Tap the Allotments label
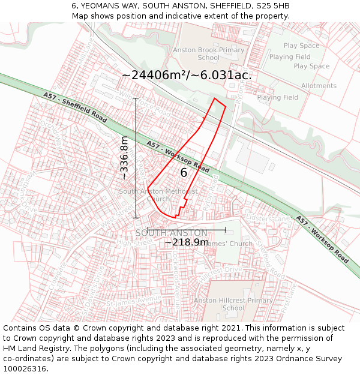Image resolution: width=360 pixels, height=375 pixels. [x=319, y=86]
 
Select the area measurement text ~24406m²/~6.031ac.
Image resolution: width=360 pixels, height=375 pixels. [x=187, y=75]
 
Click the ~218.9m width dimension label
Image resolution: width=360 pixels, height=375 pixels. [x=187, y=242]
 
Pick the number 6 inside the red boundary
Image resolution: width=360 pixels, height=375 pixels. [x=184, y=173]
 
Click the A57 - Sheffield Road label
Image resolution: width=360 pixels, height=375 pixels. [x=75, y=107]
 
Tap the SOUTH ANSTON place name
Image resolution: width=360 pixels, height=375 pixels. [x=171, y=233]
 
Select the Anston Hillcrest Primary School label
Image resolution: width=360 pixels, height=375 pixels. [x=225, y=304]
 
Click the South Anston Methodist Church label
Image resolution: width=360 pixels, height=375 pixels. [x=158, y=195]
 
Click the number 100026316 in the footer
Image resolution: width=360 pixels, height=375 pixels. [x=26, y=369]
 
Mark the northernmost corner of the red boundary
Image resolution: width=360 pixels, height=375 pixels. [x=214, y=98]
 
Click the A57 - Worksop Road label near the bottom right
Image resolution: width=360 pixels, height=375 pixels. [x=322, y=239]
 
